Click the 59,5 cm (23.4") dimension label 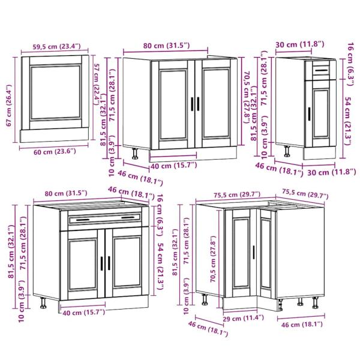tap(57, 46)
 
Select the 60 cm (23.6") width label tap(55, 152)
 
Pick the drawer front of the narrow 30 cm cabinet tap(320, 71)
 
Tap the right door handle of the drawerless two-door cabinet tap(200, 104)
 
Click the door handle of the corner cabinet tap(256, 251)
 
